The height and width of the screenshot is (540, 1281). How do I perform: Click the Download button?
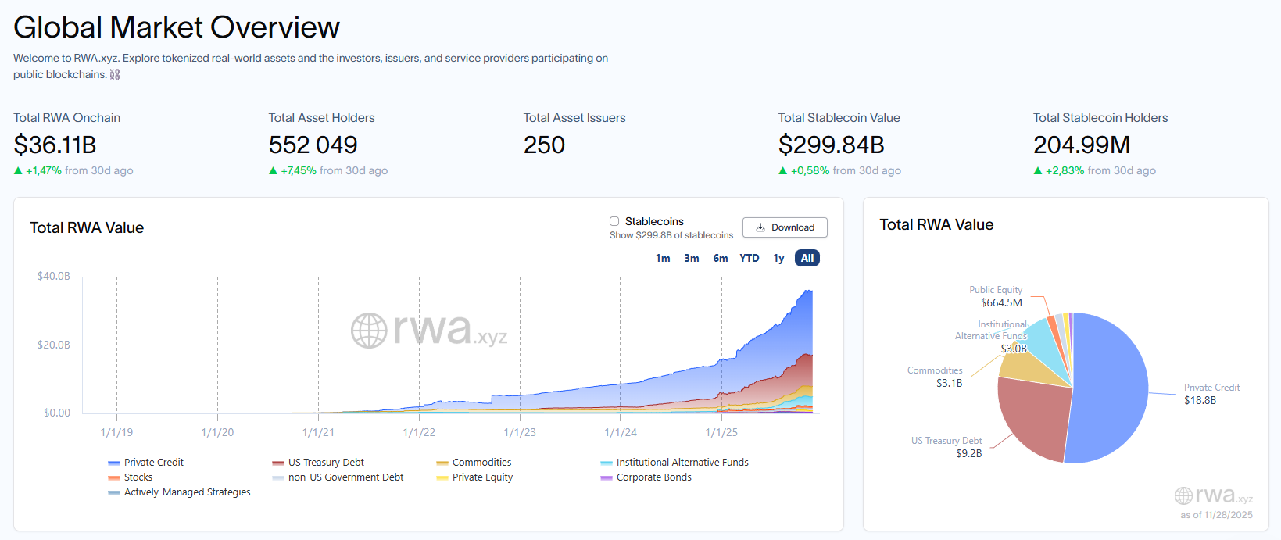(785, 227)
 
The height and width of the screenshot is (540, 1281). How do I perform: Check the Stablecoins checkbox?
(614, 221)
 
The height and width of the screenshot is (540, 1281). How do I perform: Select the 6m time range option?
(720, 258)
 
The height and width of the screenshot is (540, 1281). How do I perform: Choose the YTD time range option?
(750, 258)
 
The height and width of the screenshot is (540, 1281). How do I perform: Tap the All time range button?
(807, 258)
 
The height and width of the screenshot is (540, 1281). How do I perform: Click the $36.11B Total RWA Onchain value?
(55, 145)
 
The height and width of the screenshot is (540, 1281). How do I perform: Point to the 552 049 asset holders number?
(313, 145)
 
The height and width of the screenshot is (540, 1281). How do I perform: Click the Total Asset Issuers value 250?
(544, 145)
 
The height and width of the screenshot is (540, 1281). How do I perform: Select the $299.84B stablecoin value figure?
(831, 145)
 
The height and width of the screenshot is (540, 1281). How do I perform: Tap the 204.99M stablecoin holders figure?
(1082, 145)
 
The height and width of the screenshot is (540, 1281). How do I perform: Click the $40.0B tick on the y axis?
(53, 276)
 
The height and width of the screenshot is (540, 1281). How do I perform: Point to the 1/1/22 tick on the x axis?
(419, 432)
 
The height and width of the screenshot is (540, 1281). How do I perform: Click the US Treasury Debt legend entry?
(325, 463)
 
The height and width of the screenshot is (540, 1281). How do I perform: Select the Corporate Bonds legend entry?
(653, 477)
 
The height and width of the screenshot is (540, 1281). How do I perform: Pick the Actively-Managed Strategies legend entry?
(187, 492)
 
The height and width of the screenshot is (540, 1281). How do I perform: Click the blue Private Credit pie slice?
(1110, 383)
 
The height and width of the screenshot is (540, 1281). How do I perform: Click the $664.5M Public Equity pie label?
(1001, 302)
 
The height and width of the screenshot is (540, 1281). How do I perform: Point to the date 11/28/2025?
(1229, 515)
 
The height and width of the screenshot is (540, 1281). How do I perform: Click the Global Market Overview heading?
(177, 27)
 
